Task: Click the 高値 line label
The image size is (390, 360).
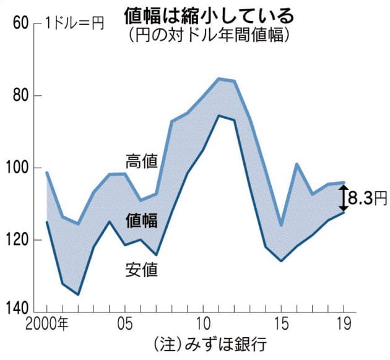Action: pos(141,161)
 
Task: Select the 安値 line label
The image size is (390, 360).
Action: pos(141,270)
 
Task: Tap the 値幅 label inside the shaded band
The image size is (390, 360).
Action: pos(141,220)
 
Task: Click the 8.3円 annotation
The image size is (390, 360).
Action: pos(368,198)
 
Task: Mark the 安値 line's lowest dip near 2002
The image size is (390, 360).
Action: pos(78,294)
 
